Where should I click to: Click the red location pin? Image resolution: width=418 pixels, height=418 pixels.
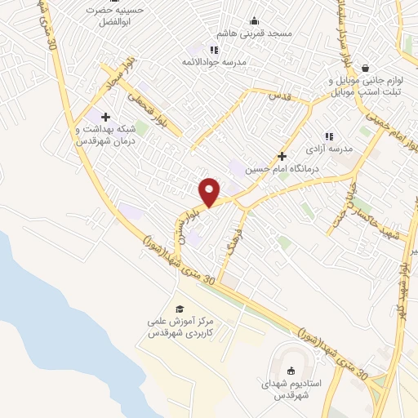point(210,191)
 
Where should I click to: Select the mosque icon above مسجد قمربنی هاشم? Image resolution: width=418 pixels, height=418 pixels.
point(255,21)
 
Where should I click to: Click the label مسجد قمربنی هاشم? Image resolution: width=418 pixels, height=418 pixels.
point(255,34)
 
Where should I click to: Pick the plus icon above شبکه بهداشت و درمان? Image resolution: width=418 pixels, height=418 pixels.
point(106,117)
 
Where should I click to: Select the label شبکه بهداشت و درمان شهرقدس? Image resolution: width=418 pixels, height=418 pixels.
point(104,134)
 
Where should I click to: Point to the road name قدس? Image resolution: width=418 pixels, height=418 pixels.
point(280,96)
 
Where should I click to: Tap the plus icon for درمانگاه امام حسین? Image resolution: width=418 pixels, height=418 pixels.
point(282,155)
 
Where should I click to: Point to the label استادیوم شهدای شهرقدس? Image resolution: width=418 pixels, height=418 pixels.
point(291,389)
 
